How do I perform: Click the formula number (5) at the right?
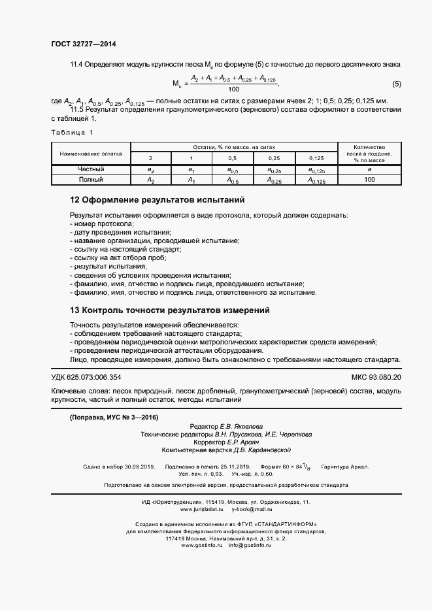tap(396, 84)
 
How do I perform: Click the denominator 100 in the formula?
tap(233, 90)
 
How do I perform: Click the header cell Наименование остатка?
tap(91, 154)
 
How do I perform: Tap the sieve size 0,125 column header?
tap(316, 159)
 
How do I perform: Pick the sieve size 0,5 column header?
tap(232, 159)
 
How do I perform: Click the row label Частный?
tap(91, 169)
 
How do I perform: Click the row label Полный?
tap(91, 179)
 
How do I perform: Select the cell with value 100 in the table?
tap(369, 179)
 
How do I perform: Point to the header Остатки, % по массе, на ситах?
tap(233, 148)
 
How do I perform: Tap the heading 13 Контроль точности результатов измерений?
tap(169, 310)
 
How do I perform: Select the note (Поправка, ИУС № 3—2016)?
tap(114, 418)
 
